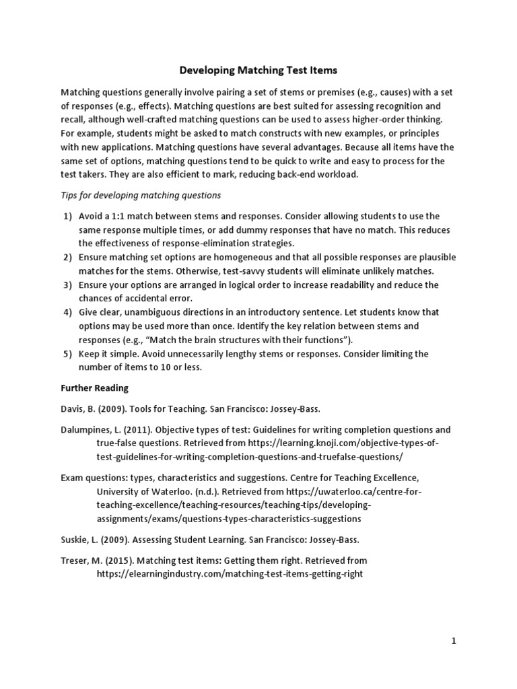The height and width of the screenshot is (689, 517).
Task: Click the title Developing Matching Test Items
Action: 258,69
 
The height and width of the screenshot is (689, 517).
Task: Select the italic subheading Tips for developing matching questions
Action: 141,195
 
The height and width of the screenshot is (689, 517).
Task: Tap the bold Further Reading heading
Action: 94,388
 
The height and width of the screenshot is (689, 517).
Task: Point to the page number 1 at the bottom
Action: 454,641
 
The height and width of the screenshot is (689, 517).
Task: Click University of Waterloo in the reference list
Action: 139,492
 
